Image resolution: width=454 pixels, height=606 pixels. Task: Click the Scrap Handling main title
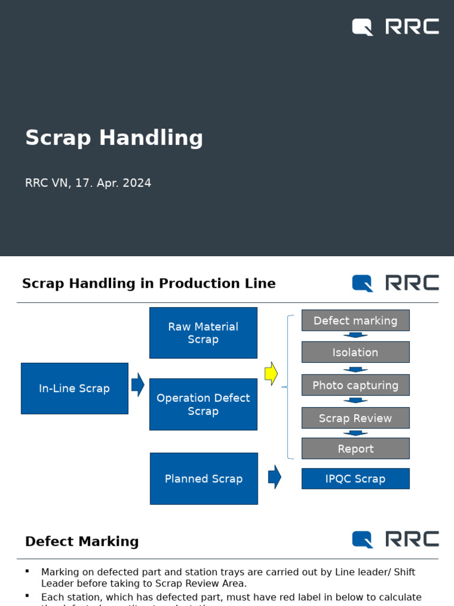point(114,138)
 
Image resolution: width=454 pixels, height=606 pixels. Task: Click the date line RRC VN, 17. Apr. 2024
point(88,183)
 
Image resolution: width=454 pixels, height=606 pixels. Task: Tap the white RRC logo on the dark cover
point(395,27)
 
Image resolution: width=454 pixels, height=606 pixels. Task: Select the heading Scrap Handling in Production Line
point(149,283)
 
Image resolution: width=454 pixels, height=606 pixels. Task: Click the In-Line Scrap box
point(74,388)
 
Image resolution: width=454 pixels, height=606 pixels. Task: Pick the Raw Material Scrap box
point(203,333)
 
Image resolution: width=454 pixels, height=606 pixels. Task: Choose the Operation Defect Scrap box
point(203,404)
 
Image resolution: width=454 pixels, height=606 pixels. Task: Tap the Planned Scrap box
point(204,479)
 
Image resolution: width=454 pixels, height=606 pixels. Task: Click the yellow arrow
point(271,373)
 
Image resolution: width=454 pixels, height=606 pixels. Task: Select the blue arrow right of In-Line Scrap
point(138,385)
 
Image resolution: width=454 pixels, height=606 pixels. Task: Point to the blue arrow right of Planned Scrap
point(274,477)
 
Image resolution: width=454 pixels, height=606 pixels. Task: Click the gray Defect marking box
point(355,320)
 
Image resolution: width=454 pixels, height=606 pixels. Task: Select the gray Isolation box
point(355,352)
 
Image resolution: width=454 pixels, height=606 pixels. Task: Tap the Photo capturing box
point(355,385)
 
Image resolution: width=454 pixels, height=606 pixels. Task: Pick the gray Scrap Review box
point(355,418)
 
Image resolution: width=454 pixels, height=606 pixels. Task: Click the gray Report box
point(355,449)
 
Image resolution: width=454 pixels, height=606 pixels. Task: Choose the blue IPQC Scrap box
point(355,479)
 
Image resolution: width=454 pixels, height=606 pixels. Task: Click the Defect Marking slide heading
point(82,541)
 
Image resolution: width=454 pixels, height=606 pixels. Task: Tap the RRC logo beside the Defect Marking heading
point(395,539)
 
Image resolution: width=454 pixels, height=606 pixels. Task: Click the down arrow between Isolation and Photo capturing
point(355,369)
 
